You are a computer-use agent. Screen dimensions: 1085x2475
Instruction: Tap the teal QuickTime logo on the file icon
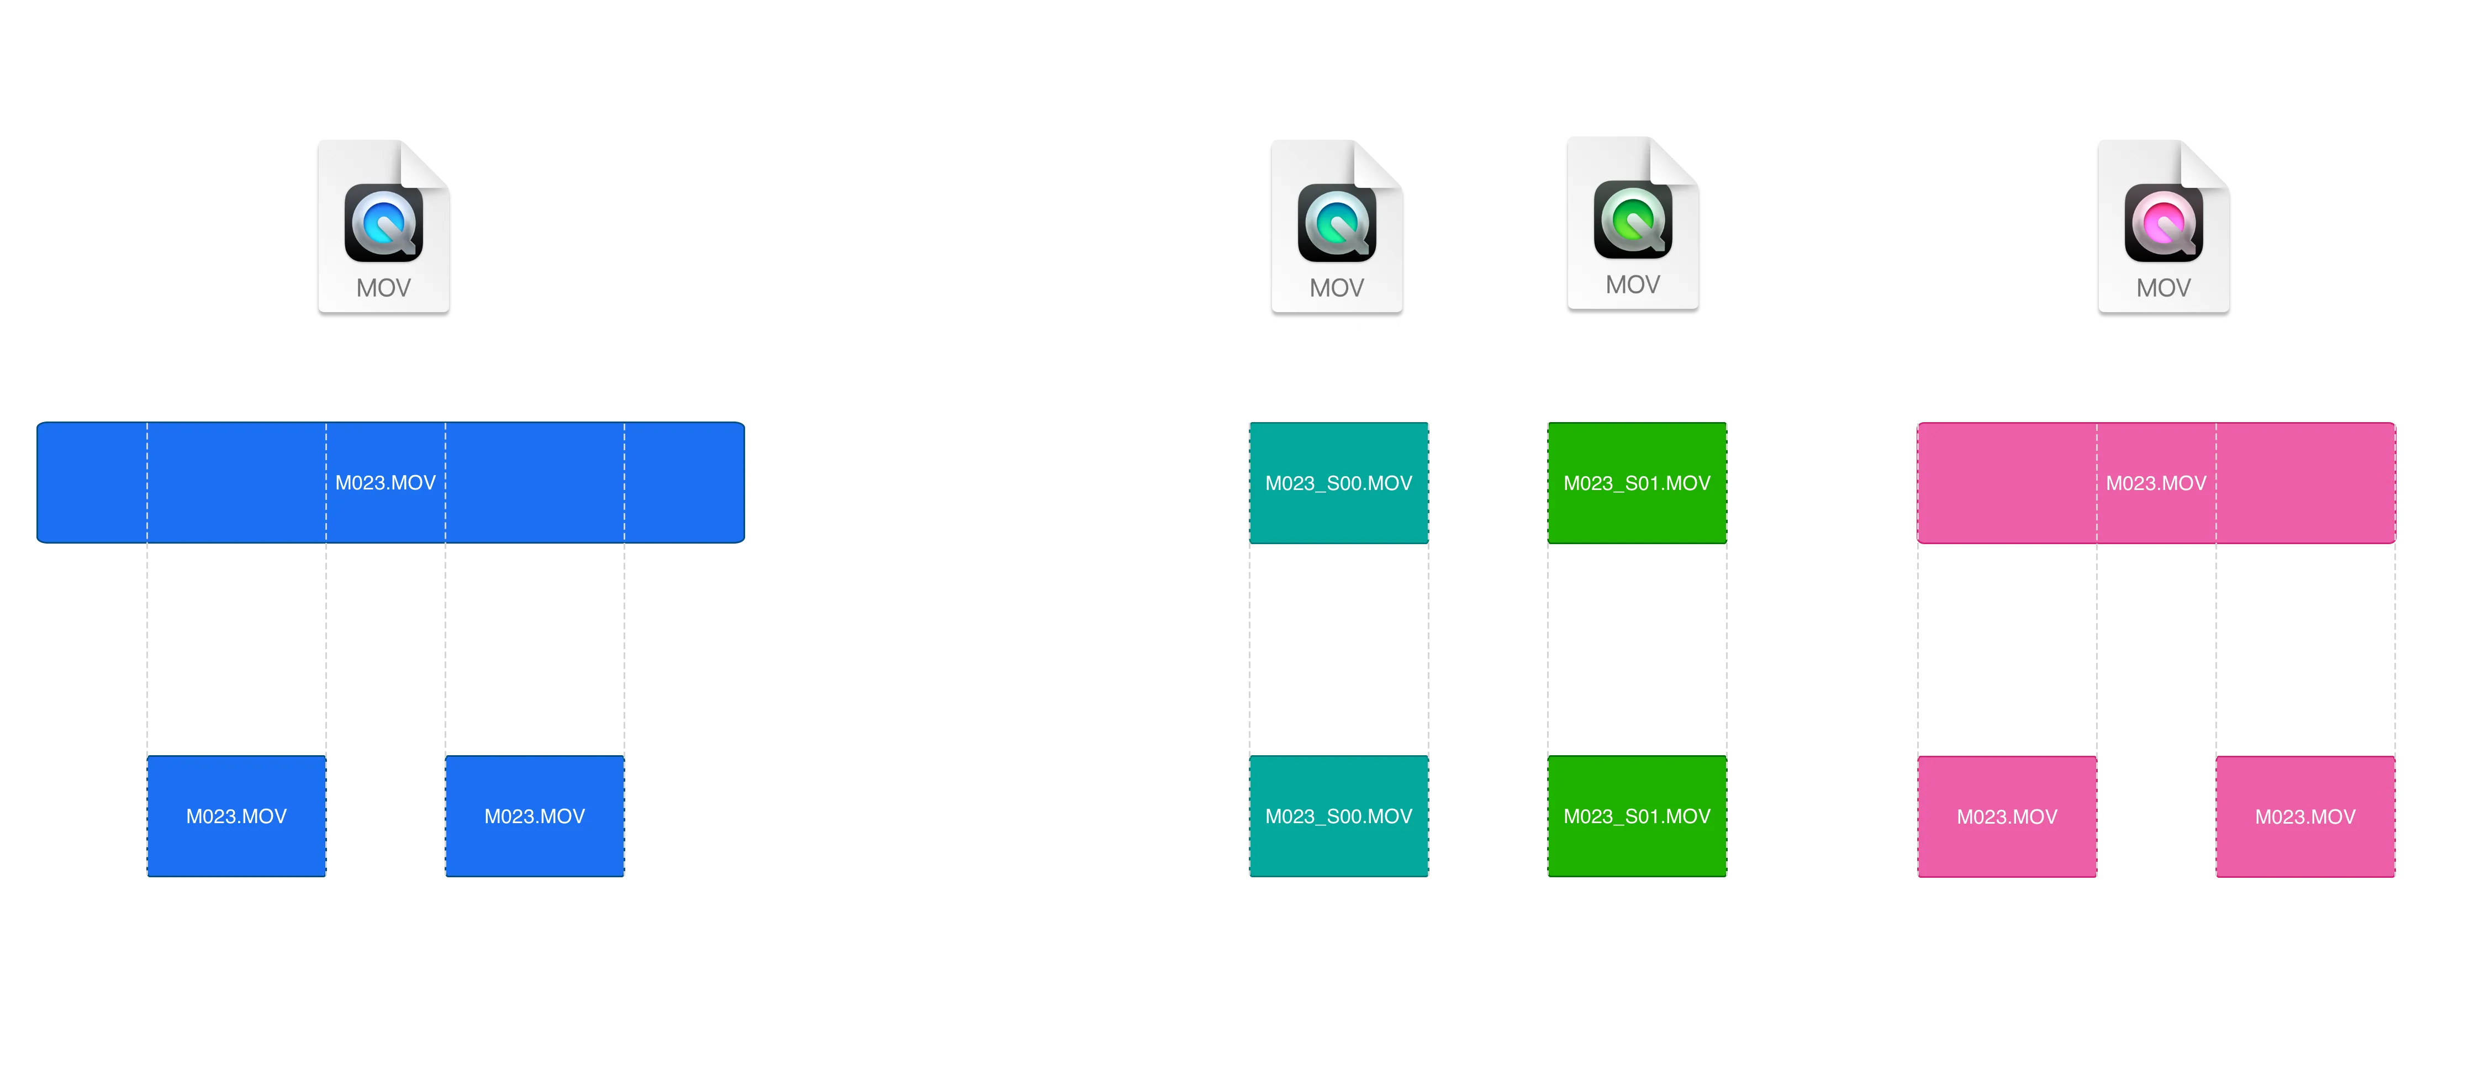point(1337,223)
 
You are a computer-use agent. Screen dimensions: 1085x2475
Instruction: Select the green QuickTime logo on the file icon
point(1632,219)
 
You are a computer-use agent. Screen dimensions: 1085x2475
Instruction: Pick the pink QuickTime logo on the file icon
point(2163,223)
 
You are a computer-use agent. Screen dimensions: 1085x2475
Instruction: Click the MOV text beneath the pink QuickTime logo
point(2163,287)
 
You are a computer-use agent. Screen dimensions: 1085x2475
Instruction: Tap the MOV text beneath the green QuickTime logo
point(1632,285)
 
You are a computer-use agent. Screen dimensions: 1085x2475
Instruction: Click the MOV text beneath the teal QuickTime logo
point(1337,287)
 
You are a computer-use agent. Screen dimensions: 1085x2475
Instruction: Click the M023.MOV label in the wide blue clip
point(386,482)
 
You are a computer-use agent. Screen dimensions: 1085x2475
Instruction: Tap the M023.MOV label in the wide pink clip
point(2156,482)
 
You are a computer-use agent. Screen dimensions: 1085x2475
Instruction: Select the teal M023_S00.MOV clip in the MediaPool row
point(1338,482)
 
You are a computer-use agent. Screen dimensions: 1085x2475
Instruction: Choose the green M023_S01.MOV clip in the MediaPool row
point(1636,482)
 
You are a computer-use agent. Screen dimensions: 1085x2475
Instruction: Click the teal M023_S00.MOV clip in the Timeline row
point(1338,816)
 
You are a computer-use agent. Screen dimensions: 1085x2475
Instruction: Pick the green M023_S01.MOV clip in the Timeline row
point(1636,816)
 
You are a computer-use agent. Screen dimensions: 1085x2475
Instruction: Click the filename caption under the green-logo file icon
point(1642,331)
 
